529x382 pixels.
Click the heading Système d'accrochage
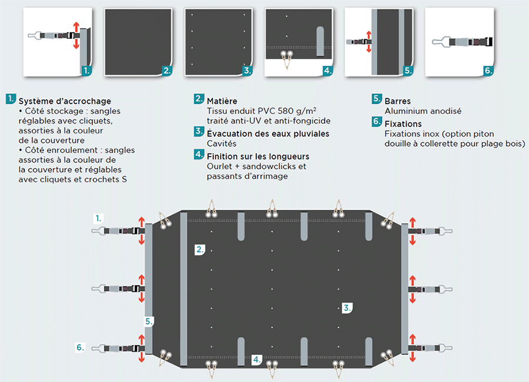click(x=65, y=101)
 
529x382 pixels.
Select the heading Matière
click(x=222, y=101)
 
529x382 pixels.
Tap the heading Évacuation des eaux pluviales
click(x=268, y=134)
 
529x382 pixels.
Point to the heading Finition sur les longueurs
click(x=258, y=156)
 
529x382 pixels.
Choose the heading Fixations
click(x=403, y=124)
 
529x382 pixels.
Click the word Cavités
click(x=222, y=143)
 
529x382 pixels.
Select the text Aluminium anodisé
click(x=423, y=111)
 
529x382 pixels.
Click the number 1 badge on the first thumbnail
click(x=86, y=71)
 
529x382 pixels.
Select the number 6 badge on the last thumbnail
click(x=488, y=71)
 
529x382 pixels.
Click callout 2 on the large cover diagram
click(x=200, y=250)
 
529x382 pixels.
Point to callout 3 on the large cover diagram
click(x=347, y=307)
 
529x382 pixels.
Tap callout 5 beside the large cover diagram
click(x=149, y=321)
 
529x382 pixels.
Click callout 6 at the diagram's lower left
click(x=81, y=347)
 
